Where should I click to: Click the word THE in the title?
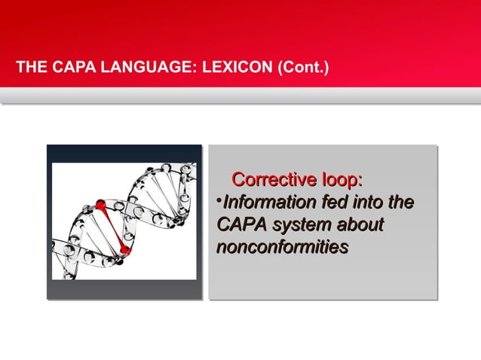32,71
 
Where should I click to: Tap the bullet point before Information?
219,202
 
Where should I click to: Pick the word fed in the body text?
334,203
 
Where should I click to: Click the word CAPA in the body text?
241,224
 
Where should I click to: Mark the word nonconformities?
281,246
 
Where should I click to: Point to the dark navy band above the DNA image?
124,154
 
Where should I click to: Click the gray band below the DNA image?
124,290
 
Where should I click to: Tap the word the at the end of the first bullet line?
400,203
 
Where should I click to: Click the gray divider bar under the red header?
240,96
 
